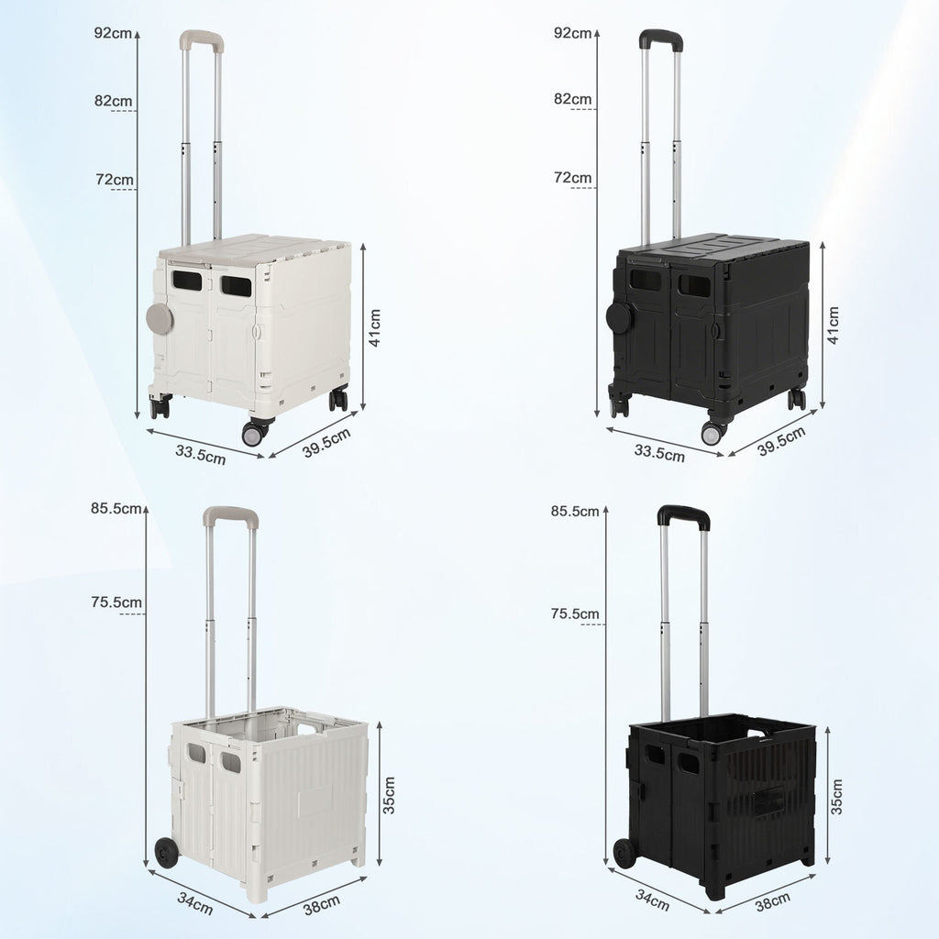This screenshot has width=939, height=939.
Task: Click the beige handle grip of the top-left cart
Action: (202, 39)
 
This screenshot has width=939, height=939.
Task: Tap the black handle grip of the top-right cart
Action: (661, 39)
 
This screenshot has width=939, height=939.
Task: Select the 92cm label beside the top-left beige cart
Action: (113, 33)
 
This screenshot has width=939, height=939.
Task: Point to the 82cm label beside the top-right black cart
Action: (572, 99)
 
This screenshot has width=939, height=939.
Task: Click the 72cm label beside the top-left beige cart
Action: (115, 179)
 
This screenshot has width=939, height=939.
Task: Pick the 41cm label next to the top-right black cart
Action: (833, 325)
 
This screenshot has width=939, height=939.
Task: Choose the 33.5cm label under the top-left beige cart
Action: (201, 455)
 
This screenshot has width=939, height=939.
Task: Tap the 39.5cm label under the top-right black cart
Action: (781, 441)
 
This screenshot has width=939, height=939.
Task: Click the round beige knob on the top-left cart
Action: (160, 318)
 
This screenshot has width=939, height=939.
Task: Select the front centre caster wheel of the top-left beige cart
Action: (254, 433)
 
